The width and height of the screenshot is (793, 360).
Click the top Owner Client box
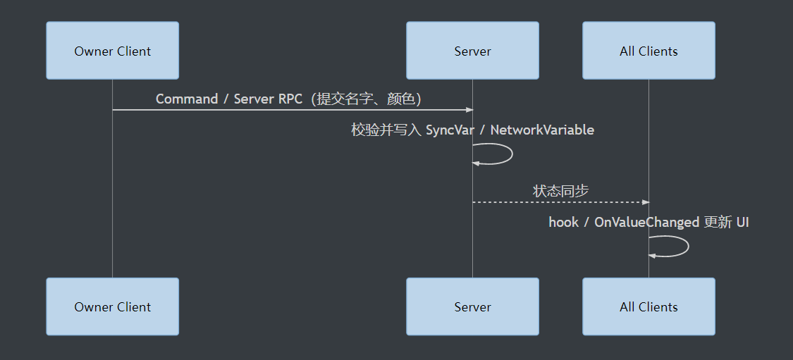coord(112,51)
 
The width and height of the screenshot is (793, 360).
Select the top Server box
coord(472,51)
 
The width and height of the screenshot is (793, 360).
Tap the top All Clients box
coord(649,51)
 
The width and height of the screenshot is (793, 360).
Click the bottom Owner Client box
coord(112,306)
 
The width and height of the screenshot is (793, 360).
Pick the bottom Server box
coord(472,306)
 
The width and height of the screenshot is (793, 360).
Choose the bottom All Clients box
coord(649,306)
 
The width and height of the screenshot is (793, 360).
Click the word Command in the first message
coord(187,99)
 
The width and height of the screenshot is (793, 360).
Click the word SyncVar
coord(450,130)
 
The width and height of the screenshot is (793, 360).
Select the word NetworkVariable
coord(542,130)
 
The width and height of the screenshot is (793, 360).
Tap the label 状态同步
coord(560,191)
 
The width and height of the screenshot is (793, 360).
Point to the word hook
coord(563,223)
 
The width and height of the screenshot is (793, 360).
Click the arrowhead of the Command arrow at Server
coord(470,110)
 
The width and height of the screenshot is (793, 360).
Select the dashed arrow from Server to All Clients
coord(561,202)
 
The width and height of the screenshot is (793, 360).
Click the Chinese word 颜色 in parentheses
coord(401,99)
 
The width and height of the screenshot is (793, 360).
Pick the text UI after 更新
coord(742,223)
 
